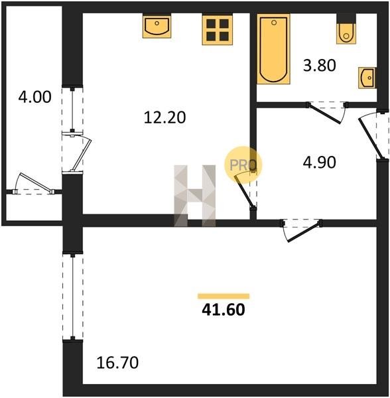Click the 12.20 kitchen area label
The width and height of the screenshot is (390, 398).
point(165,117)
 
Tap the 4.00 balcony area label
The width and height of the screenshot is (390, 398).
point(34,97)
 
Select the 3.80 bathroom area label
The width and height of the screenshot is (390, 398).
point(320,65)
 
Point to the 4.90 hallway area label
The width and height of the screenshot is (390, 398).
point(320,163)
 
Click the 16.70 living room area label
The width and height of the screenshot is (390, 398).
point(117,362)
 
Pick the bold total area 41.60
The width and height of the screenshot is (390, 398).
point(224,309)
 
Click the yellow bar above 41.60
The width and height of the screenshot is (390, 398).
point(224,296)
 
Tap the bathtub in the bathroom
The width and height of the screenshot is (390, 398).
point(273,48)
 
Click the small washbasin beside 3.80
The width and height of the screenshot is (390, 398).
point(367,78)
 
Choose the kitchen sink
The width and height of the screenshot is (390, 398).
point(157,26)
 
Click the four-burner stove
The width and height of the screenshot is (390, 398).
point(218,30)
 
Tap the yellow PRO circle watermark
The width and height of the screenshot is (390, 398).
point(243,165)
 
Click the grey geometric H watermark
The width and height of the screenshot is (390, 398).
point(194,196)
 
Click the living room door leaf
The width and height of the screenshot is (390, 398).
point(304,232)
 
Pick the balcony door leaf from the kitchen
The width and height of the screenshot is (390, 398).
point(82,155)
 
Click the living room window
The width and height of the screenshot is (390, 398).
point(73,297)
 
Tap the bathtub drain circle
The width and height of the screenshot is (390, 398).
point(274,23)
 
